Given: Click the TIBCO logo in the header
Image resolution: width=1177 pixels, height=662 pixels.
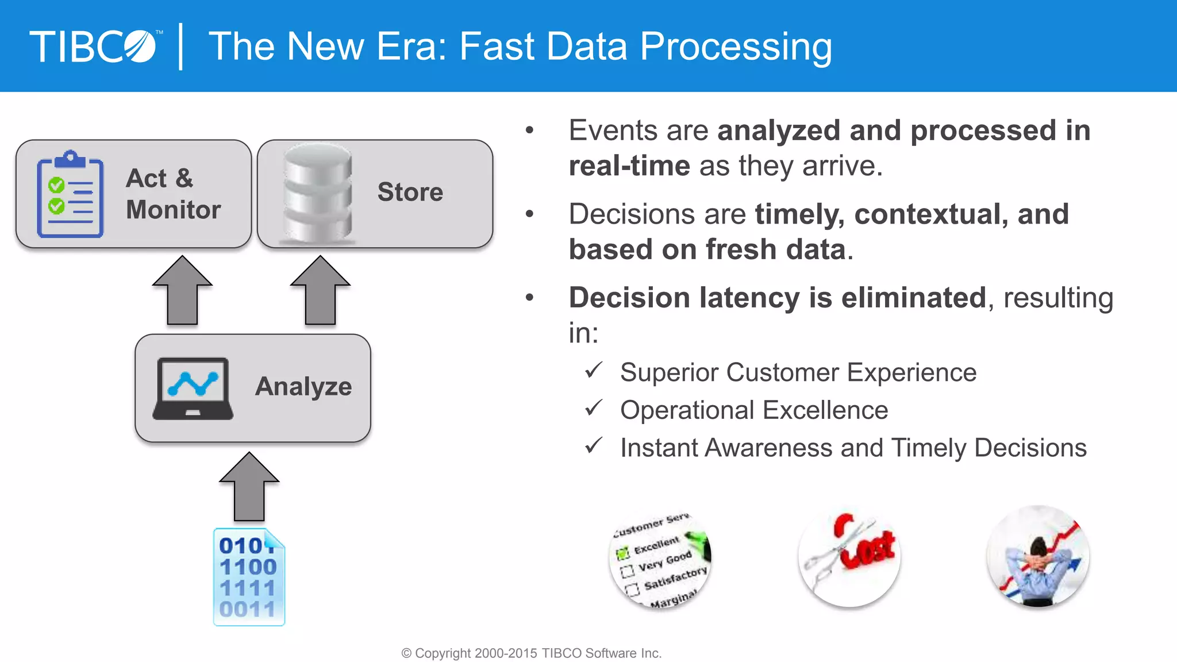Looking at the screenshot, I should click(95, 47).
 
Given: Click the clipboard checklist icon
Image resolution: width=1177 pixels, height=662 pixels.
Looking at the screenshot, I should click(70, 194).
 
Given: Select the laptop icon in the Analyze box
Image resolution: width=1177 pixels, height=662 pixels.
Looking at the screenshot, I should click(193, 389).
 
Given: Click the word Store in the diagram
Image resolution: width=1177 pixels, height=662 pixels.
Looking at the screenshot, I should click(410, 192).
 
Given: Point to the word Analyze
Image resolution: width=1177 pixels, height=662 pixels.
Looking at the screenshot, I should click(303, 387).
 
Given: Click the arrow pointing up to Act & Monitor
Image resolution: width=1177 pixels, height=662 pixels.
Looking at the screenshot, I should click(182, 290).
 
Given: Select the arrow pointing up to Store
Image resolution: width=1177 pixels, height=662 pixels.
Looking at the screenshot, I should click(320, 290).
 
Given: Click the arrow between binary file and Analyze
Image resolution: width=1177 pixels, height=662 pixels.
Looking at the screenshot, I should click(249, 486).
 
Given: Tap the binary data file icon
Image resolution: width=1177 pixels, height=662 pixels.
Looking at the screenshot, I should click(249, 577).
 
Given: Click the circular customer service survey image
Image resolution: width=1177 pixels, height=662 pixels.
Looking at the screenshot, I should click(660, 557).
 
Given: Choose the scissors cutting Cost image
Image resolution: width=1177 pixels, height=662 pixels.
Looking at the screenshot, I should click(849, 556).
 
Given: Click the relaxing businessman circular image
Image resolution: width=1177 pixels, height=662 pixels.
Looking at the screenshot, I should click(1038, 556).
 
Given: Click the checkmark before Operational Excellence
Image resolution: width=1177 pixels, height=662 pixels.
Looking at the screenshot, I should click(594, 409).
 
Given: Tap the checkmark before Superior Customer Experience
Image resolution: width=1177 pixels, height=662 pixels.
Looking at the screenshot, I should click(594, 371).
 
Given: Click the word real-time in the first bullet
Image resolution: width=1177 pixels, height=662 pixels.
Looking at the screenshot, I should click(629, 166).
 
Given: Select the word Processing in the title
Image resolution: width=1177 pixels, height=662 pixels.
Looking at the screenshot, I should click(736, 47).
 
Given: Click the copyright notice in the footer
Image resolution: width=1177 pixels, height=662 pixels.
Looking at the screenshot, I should click(532, 653).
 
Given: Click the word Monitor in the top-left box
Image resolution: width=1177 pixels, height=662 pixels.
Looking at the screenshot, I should click(174, 210).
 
